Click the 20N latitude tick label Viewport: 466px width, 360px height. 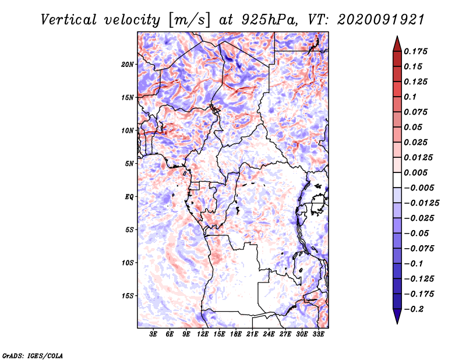[x=128, y=64]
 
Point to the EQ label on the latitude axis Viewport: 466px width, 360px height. [x=129, y=196]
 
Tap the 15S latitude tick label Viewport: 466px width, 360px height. [x=128, y=296]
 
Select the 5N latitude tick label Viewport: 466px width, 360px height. [x=129, y=164]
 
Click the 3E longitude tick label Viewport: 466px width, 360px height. [x=153, y=334]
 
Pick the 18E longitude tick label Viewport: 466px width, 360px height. [x=236, y=334]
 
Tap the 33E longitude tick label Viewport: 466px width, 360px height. [x=318, y=334]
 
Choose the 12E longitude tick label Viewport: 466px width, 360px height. [x=203, y=334]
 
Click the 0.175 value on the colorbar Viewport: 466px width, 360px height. [x=415, y=51]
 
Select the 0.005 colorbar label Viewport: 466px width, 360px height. [x=415, y=172]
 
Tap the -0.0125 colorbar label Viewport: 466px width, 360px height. [x=421, y=203]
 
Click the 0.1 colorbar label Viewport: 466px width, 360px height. [x=410, y=97]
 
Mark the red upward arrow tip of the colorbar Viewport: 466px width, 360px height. [x=397, y=37]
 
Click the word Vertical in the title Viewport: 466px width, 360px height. [x=69, y=20]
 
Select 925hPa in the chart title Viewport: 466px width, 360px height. [x=269, y=20]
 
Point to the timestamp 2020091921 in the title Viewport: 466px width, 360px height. [x=381, y=20]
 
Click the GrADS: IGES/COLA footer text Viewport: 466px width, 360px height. [x=33, y=355]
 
